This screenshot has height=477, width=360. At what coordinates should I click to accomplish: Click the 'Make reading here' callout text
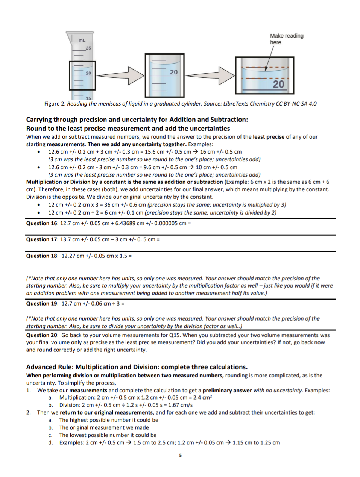286,39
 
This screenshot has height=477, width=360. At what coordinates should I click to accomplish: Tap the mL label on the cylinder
82,40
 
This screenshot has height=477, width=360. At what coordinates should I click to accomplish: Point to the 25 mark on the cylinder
88,48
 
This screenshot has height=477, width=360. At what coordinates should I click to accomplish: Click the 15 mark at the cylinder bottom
88,98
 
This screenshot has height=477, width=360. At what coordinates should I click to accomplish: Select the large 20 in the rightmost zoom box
278,84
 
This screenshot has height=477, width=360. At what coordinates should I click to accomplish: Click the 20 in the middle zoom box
173,72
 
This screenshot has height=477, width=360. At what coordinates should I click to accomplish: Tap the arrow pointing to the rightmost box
209,76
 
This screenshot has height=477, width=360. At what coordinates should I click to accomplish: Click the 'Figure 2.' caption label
55,104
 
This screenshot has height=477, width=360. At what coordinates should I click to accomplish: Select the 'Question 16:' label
42,223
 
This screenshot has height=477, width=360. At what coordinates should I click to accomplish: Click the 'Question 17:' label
42,239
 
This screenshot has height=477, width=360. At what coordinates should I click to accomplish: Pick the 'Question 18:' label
42,256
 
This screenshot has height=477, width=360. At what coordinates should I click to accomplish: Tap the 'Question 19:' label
42,304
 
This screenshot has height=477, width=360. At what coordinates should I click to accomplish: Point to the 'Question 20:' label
42,335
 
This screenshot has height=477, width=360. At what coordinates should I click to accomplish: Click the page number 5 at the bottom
180,456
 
